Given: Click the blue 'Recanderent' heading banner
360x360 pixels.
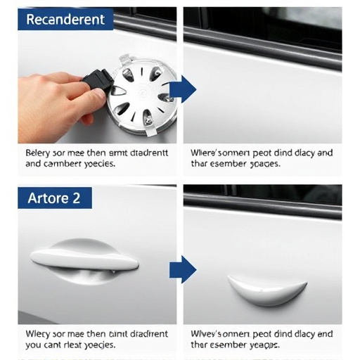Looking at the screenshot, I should [65, 20].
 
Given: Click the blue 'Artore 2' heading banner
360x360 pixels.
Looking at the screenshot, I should [55, 198].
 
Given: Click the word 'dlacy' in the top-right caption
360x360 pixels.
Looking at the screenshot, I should [299, 152].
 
